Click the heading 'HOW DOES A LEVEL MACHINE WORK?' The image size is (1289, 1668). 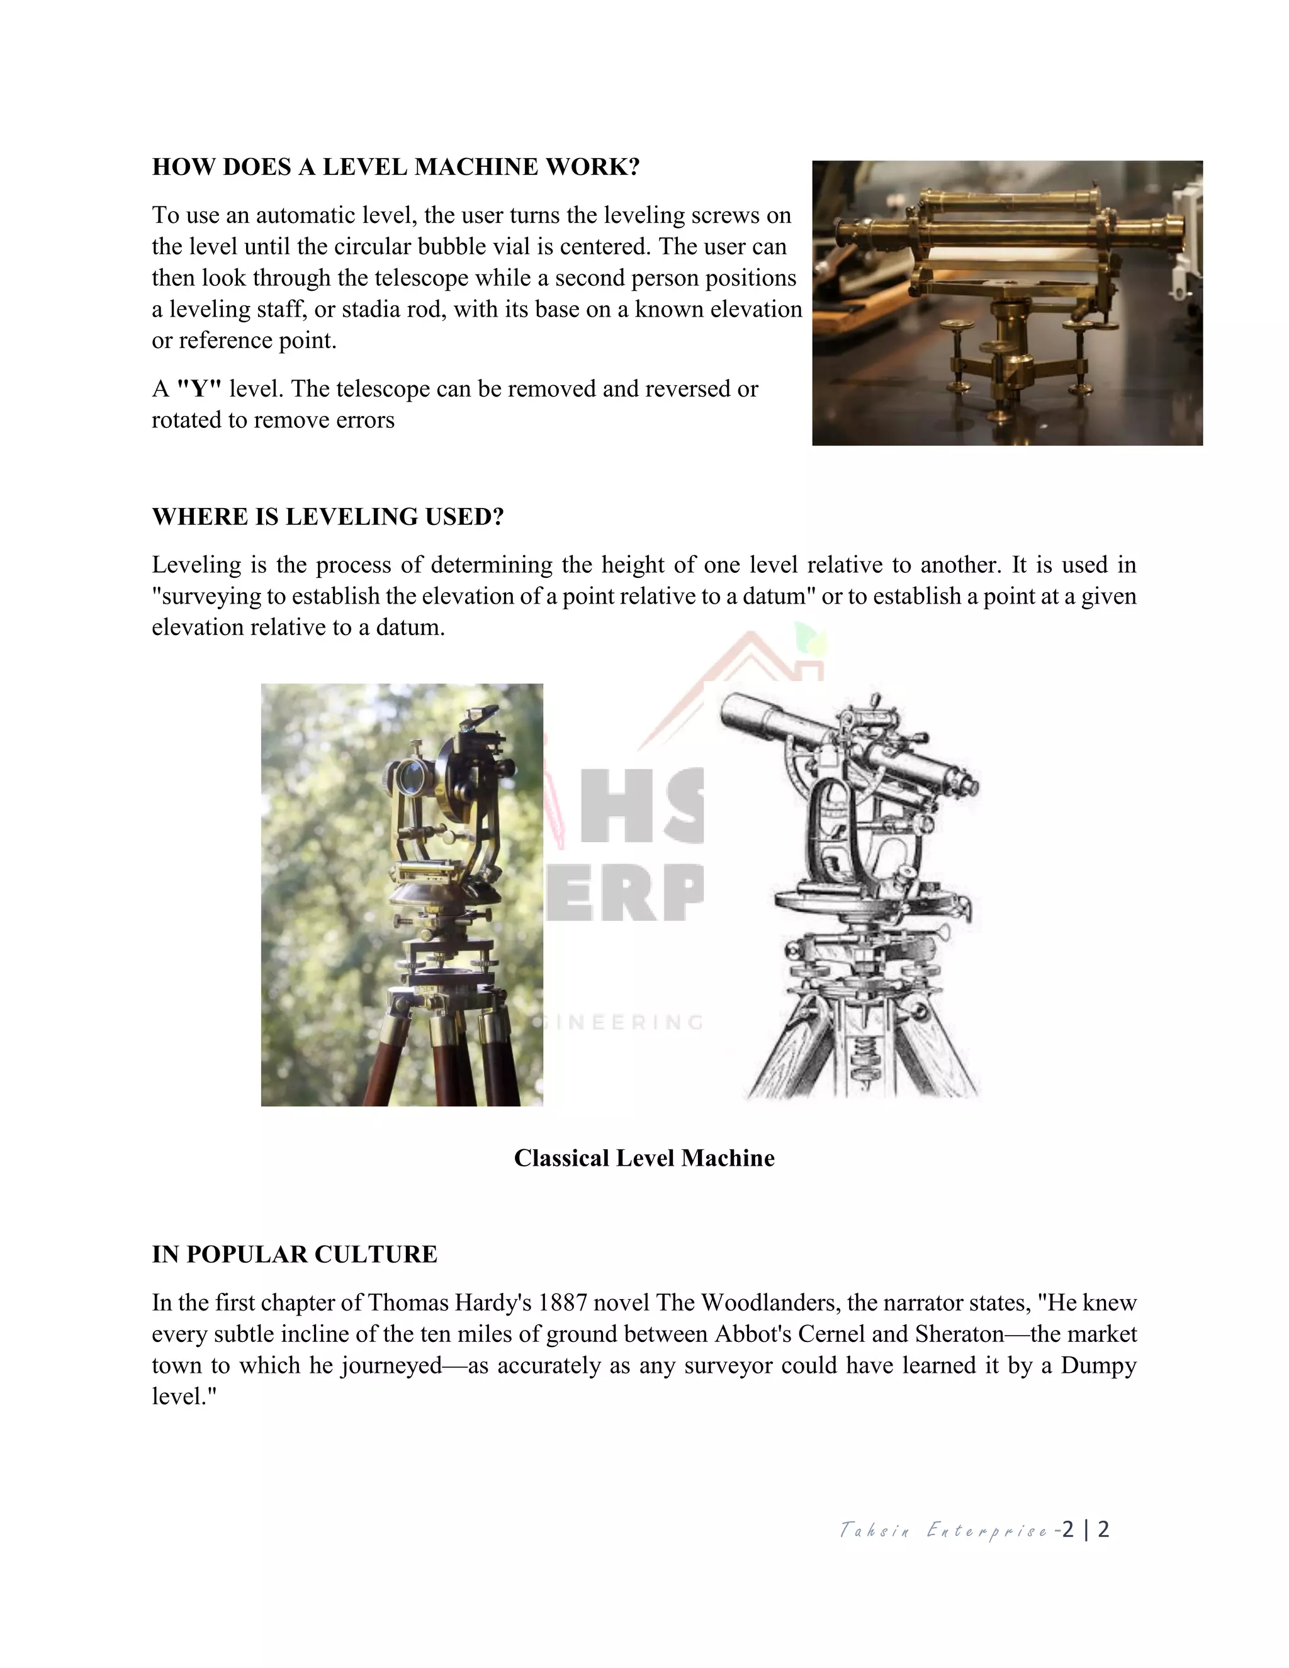tap(395, 167)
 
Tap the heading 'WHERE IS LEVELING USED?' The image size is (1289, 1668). tap(327, 516)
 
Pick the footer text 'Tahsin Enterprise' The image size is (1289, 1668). tap(943, 1530)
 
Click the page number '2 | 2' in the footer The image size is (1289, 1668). tap(1085, 1529)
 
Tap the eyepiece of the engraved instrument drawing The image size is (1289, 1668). tap(967, 786)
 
